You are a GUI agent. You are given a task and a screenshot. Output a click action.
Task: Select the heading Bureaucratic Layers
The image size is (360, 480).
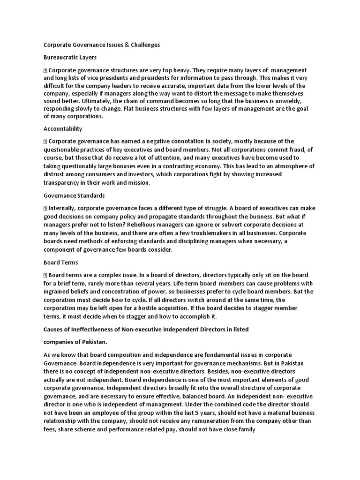pos(70,57)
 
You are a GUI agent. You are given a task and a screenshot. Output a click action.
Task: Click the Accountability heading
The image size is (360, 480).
pos(63,128)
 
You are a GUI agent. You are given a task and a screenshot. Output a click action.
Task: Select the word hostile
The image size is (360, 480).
pos(161,308)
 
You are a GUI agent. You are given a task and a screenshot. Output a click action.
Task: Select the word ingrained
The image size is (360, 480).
pos(57,292)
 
